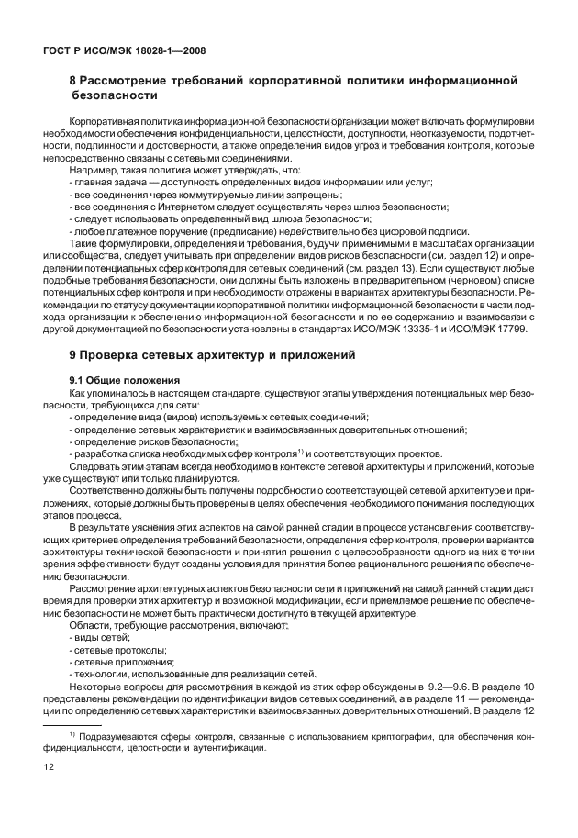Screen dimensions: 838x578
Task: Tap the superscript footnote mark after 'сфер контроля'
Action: tap(300, 451)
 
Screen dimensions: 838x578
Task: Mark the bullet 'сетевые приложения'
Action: tap(122, 661)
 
